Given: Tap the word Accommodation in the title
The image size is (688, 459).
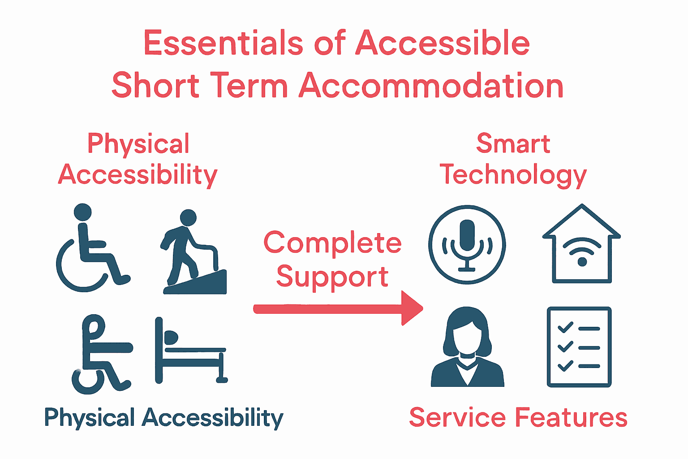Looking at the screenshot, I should point(431,86).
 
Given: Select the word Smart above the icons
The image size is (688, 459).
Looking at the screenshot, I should point(513,144).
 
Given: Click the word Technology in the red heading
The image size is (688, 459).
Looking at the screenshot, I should point(513,175).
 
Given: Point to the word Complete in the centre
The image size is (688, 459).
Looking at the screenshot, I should point(332,243).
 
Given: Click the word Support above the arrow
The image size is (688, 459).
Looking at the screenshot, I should point(332,277).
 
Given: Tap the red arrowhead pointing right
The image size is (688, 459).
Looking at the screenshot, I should point(411,308).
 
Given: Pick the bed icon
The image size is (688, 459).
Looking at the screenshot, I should point(191,352).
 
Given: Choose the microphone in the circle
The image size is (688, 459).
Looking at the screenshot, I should point(467,244).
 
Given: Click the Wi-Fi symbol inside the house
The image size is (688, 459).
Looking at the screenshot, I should point(581,252).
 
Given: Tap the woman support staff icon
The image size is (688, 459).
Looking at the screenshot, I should point(467,347).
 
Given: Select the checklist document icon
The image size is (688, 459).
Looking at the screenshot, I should point(579,347).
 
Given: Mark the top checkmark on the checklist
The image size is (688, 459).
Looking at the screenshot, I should point(565,328).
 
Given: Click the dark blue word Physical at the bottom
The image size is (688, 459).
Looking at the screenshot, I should point(89,418).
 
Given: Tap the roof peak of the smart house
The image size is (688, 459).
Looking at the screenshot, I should point(581,207).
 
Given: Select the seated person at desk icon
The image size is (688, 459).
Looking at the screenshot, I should point(101,354).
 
